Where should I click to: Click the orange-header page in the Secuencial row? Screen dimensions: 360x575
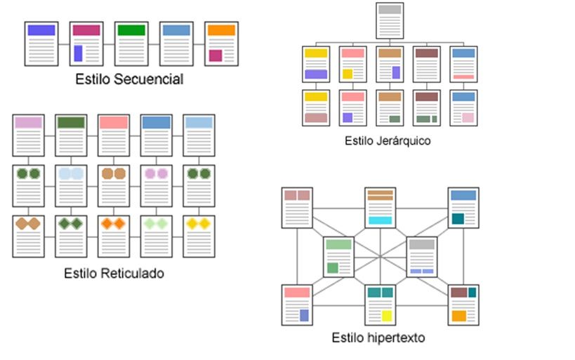[221, 44]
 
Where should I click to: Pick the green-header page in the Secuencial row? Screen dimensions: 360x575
[131, 44]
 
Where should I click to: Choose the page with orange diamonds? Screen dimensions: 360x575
[113, 236]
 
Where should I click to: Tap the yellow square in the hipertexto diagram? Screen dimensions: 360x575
[386, 316]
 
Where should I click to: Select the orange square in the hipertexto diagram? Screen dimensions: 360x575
[459, 316]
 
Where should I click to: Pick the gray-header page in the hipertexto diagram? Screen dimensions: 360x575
[422, 257]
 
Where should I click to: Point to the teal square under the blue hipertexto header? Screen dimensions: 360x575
[458, 219]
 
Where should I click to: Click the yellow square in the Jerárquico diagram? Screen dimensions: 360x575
[347, 74]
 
